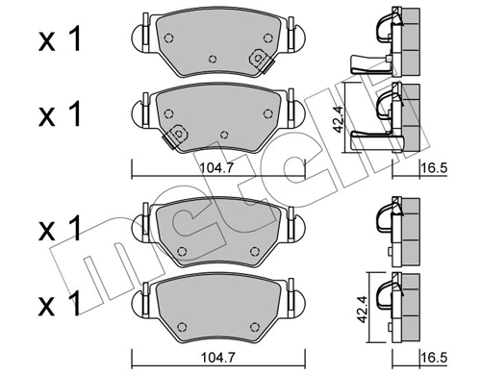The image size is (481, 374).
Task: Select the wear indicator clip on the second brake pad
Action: pyautogui.click(x=177, y=136)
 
